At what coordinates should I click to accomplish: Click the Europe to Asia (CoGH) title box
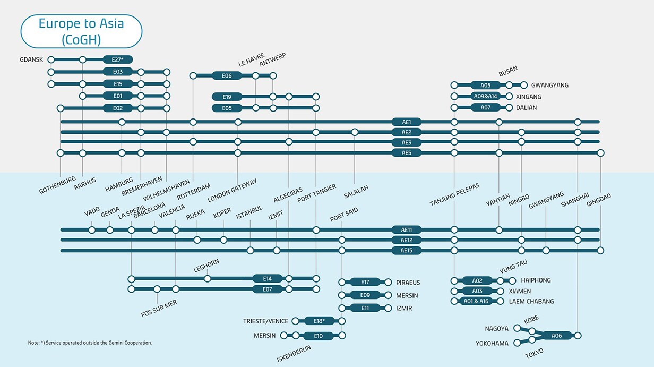pos(81,31)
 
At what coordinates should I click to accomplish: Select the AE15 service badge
pos(406,250)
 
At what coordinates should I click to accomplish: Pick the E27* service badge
pos(118,59)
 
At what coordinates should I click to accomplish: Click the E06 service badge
pos(227,76)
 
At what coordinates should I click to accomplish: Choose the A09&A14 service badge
pos(485,96)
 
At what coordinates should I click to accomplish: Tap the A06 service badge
pos(556,336)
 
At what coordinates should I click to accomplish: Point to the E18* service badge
pos(319,321)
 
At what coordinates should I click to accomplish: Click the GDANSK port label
pos(31,59)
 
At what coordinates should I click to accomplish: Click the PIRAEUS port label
pos(408,282)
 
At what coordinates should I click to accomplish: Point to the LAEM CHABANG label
pos(531,301)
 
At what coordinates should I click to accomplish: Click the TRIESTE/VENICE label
pos(265,321)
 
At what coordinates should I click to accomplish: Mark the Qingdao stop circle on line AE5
pos(600,153)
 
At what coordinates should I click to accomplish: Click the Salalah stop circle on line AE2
pos(355,132)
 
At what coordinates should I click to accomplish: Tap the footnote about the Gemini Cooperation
pos(90,343)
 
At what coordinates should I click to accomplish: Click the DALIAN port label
pos(526,107)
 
